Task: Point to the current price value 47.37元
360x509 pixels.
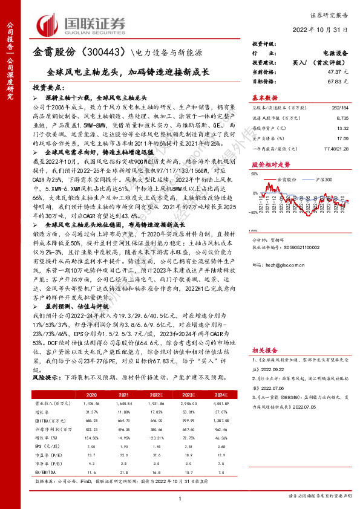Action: point(324,71)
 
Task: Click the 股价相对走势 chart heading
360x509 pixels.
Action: point(270,181)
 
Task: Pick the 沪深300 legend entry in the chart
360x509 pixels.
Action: point(319,196)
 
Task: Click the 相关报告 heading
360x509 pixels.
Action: point(264,349)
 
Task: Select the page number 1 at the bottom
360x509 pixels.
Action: point(180,498)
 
